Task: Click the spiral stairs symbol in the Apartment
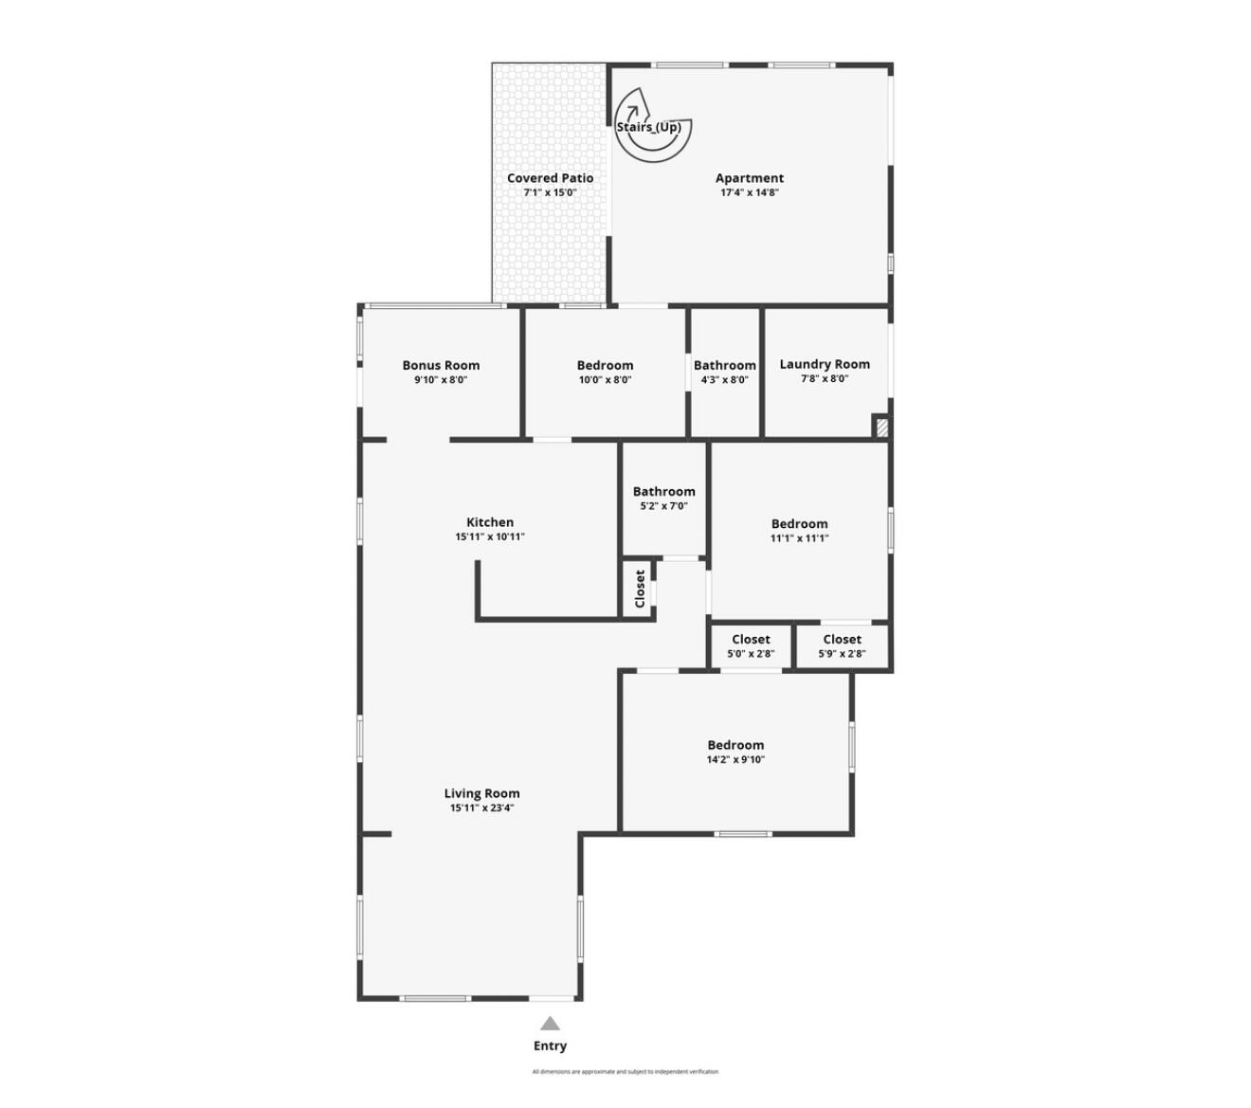tap(652, 124)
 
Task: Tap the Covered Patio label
tap(550, 178)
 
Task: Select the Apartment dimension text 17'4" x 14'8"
tap(750, 192)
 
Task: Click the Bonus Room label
tap(441, 365)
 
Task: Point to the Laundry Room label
tap(825, 364)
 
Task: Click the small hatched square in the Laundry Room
tap(881, 427)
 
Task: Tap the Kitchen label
tap(490, 522)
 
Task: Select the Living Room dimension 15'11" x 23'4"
tap(481, 808)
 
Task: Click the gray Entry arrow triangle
tap(550, 1024)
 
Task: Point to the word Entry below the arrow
tap(550, 1045)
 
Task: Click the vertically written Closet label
tap(640, 589)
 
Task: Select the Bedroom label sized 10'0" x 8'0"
tap(605, 366)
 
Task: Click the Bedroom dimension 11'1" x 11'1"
tap(799, 538)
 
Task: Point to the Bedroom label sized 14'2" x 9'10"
tap(735, 745)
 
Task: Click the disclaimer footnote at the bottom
tap(625, 1072)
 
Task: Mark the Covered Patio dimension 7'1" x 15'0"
tap(550, 192)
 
